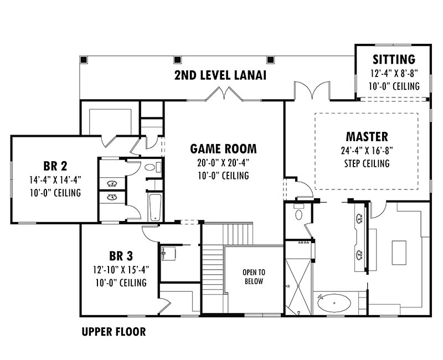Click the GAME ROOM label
click(223, 149)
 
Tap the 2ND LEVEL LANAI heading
click(220, 75)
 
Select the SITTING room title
click(394, 59)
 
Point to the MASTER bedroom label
click(367, 137)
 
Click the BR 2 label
click(55, 166)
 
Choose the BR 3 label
click(121, 256)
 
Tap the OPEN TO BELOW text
click(254, 277)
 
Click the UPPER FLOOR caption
click(114, 332)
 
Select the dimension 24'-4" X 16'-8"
click(367, 151)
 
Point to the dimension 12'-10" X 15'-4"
click(121, 270)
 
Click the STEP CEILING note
click(367, 163)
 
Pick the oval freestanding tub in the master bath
click(334, 303)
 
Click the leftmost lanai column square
click(84, 60)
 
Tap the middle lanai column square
click(177, 60)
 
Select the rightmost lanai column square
click(270, 60)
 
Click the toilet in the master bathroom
click(298, 213)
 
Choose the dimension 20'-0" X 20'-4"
click(223, 163)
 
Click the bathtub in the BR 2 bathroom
click(155, 207)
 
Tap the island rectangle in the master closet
click(399, 253)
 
